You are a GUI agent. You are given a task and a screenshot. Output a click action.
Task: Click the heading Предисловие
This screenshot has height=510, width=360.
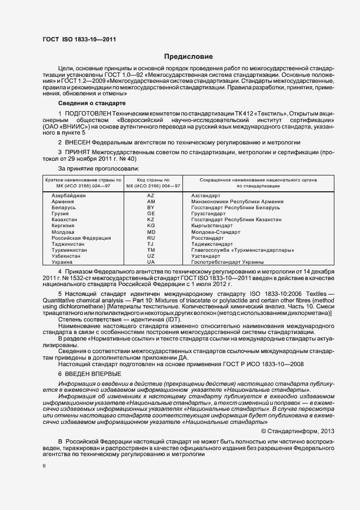[x=188, y=57]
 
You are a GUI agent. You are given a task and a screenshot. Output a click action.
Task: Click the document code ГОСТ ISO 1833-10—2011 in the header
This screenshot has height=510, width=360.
[x=79, y=39]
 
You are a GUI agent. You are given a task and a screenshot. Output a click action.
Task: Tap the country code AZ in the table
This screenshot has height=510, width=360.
[x=151, y=195]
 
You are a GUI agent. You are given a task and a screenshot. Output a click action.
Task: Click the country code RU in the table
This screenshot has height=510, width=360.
[x=151, y=238]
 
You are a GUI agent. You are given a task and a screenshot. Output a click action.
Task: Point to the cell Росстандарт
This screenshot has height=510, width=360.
[x=208, y=238]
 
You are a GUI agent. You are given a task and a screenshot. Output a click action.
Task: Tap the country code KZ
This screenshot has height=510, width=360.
[x=151, y=220]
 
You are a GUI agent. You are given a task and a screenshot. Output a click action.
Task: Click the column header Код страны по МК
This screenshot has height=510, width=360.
[x=151, y=183]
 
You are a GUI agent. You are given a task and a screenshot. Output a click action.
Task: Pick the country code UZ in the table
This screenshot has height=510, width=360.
[x=151, y=256]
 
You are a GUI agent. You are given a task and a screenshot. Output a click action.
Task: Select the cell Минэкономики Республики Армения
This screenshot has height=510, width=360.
[x=237, y=202]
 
